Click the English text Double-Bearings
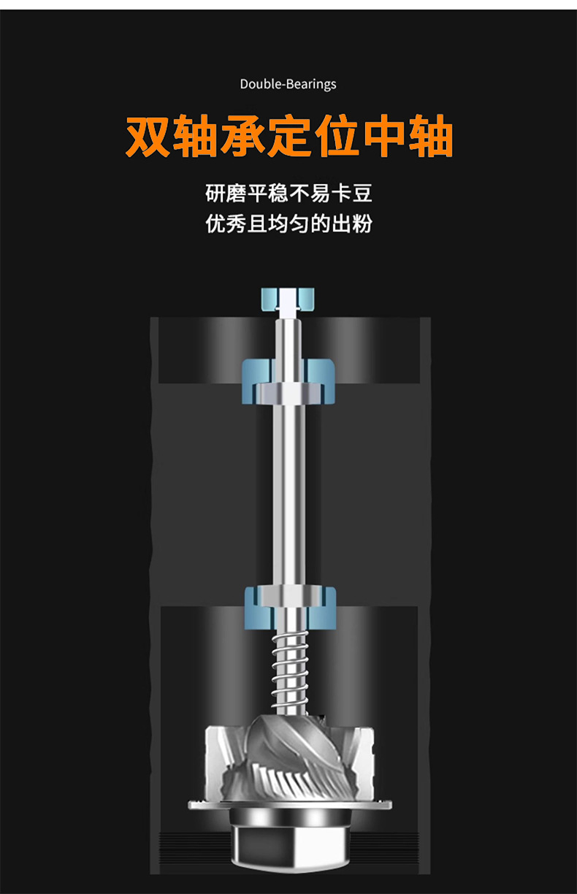click(288, 84)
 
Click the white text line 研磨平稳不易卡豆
click(288, 194)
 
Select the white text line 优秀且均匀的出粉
click(288, 223)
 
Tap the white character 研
click(215, 194)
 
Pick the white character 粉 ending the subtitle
click(362, 223)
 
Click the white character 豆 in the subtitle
click(362, 194)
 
